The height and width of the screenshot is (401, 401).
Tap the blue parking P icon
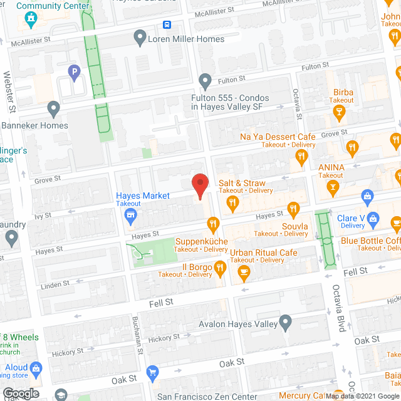(75, 72)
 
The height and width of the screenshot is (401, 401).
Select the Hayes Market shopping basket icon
(130, 217)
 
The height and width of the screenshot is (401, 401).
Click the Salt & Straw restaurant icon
(232, 202)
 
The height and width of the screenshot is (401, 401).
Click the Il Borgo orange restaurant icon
(220, 268)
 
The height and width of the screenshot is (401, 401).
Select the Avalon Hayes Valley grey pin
(286, 324)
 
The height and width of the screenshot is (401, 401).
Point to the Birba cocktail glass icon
(340, 113)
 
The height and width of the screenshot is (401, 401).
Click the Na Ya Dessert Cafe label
(278, 137)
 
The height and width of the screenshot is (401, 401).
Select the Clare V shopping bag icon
(374, 218)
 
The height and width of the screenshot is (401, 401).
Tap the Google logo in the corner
(21, 393)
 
